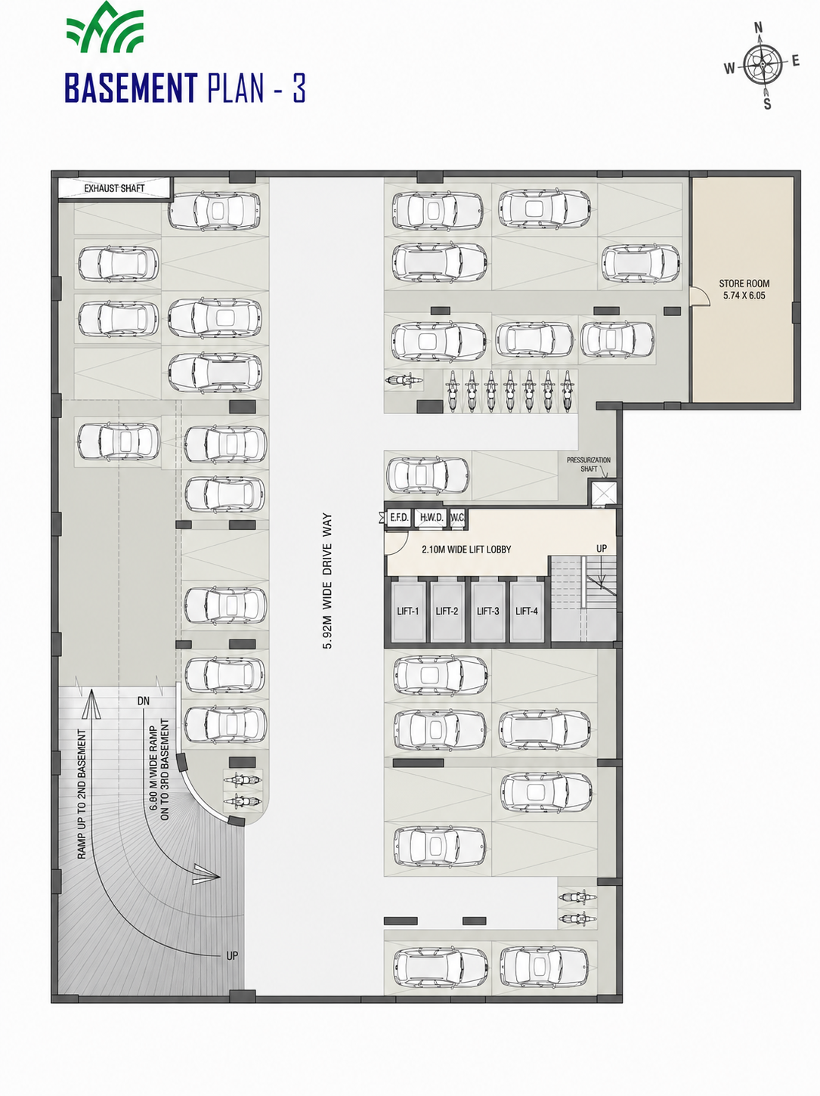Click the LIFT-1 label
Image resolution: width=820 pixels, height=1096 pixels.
click(x=408, y=611)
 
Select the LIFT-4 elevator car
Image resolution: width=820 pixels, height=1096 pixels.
click(x=527, y=611)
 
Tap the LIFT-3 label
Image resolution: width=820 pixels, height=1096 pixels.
click(x=487, y=611)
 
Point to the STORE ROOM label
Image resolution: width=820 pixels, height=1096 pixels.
click(x=744, y=283)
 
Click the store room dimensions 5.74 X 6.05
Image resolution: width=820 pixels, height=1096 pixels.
click(x=744, y=295)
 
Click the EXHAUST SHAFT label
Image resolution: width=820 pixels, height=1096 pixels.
click(x=114, y=188)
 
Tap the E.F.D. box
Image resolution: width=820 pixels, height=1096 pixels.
click(x=399, y=517)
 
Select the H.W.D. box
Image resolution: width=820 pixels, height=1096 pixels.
click(x=432, y=517)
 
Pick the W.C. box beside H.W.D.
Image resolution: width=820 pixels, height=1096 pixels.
click(x=458, y=517)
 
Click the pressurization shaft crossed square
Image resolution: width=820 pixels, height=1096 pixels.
click(x=603, y=494)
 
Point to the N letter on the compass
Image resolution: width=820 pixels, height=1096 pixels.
click(x=758, y=27)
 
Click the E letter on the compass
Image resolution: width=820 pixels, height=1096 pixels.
click(x=796, y=61)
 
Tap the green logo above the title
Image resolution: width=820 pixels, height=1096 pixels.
click(x=105, y=27)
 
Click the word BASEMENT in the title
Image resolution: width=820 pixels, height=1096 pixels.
click(x=132, y=88)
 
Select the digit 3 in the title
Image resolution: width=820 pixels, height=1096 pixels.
click(x=299, y=88)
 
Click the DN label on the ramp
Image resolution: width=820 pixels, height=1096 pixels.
click(x=144, y=701)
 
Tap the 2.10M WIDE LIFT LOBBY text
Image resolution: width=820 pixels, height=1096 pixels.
click(x=466, y=550)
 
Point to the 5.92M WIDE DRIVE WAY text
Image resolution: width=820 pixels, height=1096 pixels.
click(x=327, y=581)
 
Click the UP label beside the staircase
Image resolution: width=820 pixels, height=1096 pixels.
click(x=602, y=548)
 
